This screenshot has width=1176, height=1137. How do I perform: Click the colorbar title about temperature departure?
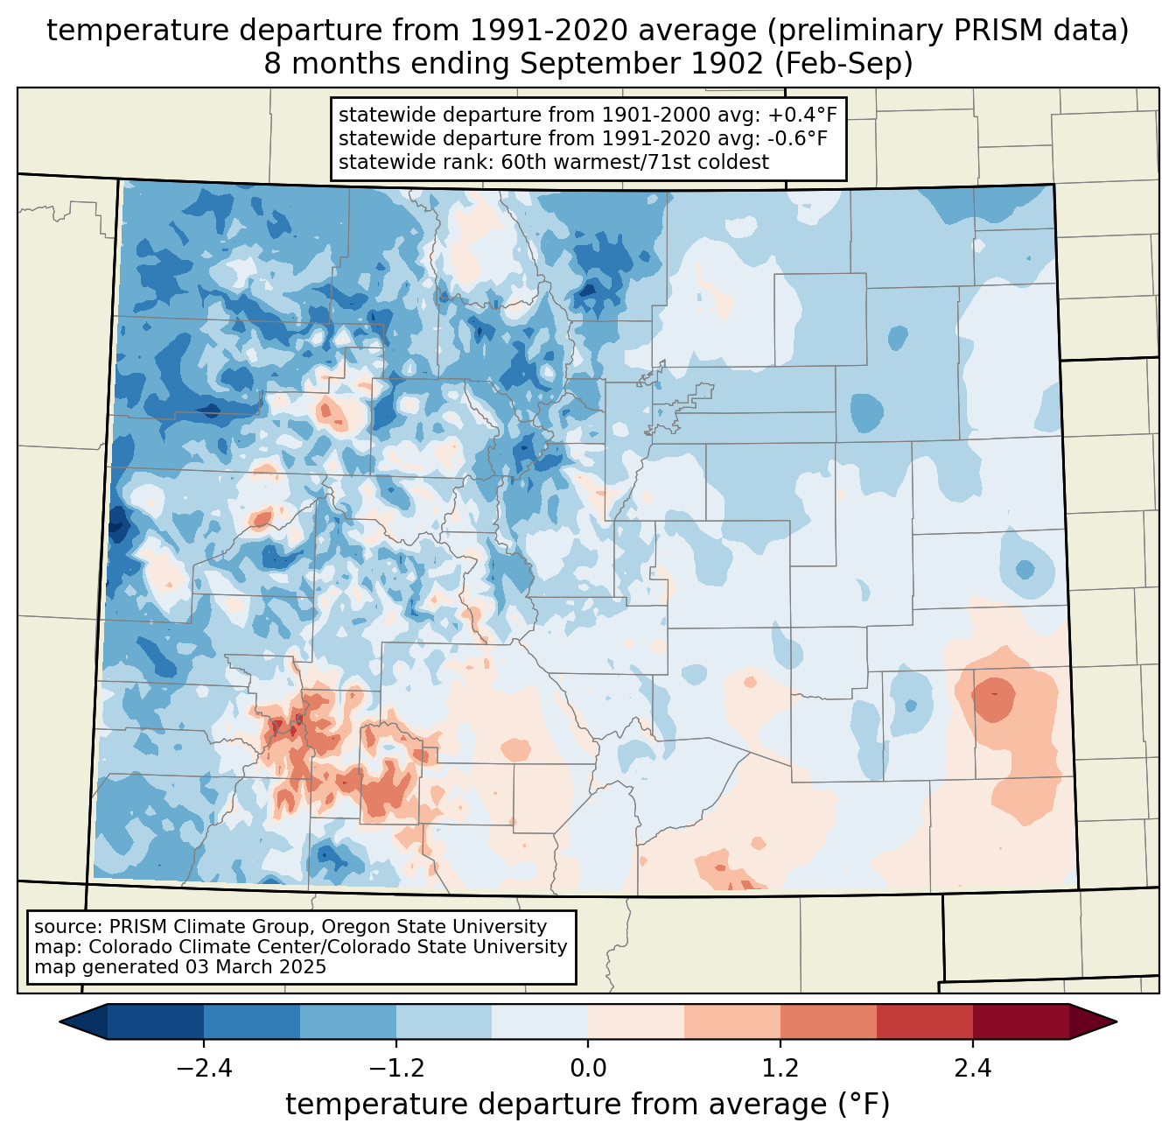pyautogui.click(x=588, y=1105)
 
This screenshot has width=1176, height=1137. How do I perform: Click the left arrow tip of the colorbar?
pyautogui.click(x=63, y=1021)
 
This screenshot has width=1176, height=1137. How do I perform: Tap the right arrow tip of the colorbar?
pyautogui.click(x=1113, y=1021)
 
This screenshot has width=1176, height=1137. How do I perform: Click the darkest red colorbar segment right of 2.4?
pyautogui.click(x=1020, y=1021)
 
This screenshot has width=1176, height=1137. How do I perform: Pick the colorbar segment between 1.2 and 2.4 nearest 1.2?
pyautogui.click(x=828, y=1021)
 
